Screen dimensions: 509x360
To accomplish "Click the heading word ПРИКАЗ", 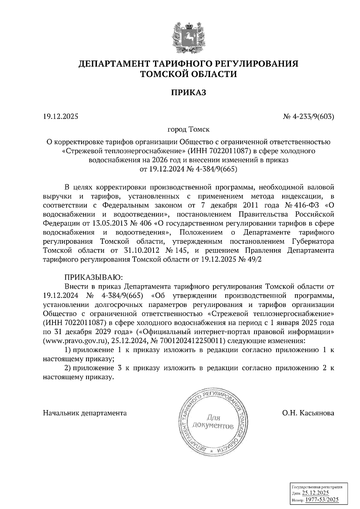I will (x=188, y=93).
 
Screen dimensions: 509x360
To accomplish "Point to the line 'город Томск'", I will (x=188, y=130).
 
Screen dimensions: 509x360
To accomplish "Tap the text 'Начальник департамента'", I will (x=85, y=413).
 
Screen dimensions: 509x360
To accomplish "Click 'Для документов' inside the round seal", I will (x=212, y=421).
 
